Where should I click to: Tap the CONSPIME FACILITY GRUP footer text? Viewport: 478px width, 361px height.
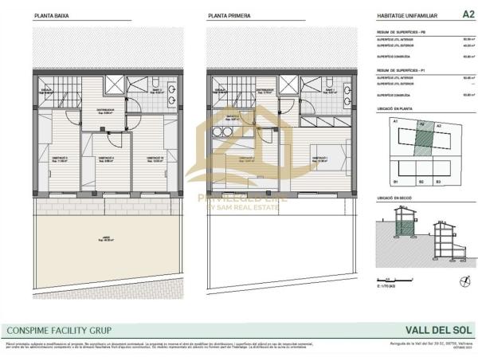tap(59, 330)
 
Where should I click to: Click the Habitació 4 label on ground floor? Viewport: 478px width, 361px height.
tap(105, 159)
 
